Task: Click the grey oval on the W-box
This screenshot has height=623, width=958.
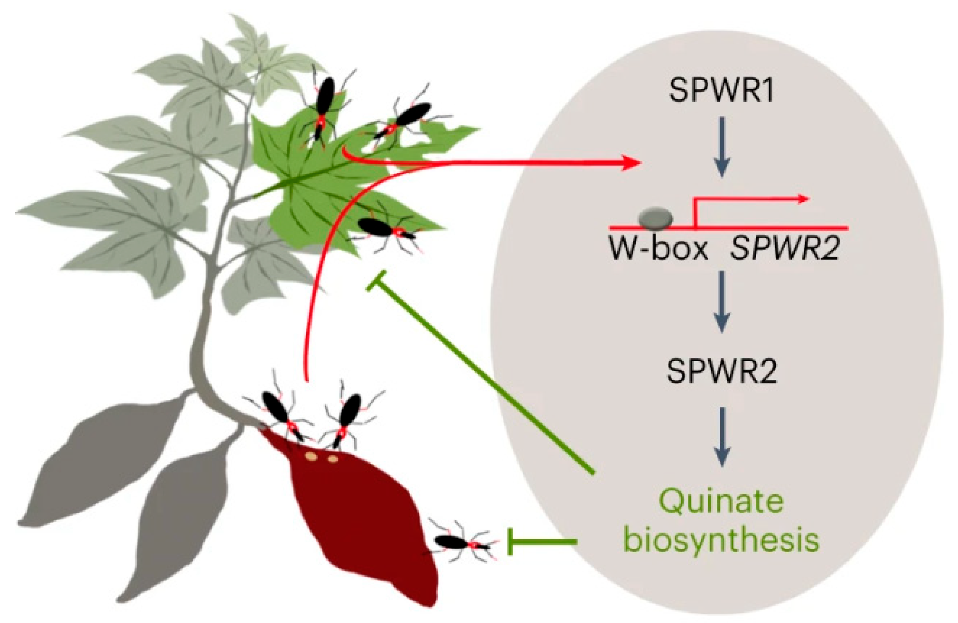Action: point(655,218)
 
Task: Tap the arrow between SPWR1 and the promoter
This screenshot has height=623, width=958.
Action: point(722,147)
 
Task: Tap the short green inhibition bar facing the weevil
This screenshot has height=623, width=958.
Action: point(511,542)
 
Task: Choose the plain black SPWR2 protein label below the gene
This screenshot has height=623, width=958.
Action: point(721,372)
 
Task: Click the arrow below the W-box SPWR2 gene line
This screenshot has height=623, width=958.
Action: point(722,302)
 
